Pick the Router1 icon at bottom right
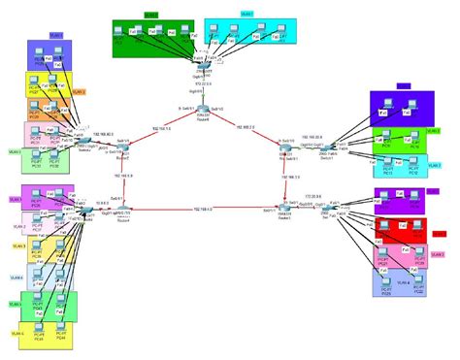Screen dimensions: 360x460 [281, 208]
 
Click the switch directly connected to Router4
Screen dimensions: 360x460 [87, 210]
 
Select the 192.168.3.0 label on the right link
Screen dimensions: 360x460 [290, 178]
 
